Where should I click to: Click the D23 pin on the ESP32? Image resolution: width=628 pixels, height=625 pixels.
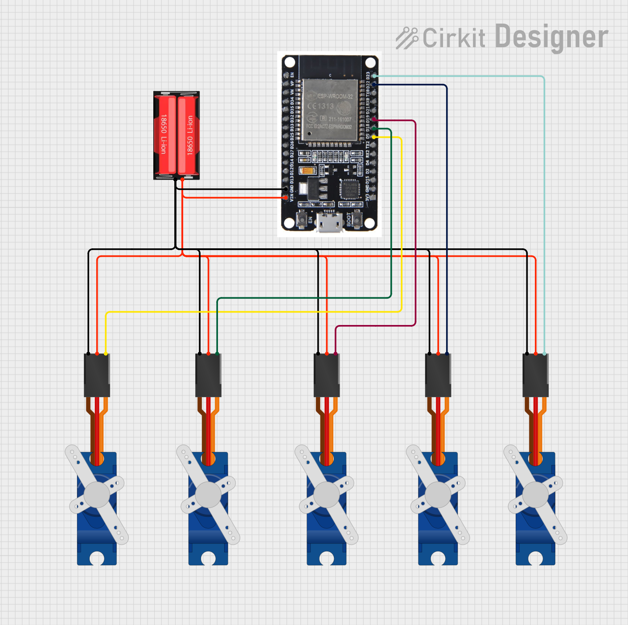coord(374,76)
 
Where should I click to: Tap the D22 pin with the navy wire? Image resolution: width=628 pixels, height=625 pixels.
coord(374,84)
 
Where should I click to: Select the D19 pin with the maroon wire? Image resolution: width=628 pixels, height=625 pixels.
coord(374,119)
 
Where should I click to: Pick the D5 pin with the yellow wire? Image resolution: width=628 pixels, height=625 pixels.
coord(374,137)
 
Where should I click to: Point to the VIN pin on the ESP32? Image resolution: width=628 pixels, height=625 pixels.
coord(285,197)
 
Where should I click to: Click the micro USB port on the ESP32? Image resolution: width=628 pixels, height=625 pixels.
coord(330,222)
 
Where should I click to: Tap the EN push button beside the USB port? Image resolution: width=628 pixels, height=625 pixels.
coord(302,219)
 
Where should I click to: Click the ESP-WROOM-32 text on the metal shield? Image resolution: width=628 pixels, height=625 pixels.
coord(335,96)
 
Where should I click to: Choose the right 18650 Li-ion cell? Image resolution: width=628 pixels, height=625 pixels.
coord(189,135)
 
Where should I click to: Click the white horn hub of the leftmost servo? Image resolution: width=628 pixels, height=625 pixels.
coord(97,495)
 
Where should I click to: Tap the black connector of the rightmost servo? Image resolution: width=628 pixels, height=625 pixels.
coord(535,375)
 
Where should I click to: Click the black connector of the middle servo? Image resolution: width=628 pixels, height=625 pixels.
coord(327,375)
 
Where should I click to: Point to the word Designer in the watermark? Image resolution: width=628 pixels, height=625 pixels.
coord(551,37)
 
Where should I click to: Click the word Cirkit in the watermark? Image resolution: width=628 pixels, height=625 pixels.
coord(453,38)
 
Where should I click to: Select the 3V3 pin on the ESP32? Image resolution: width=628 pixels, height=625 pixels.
coord(374,197)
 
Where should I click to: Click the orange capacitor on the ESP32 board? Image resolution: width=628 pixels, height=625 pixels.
coord(307,171)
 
